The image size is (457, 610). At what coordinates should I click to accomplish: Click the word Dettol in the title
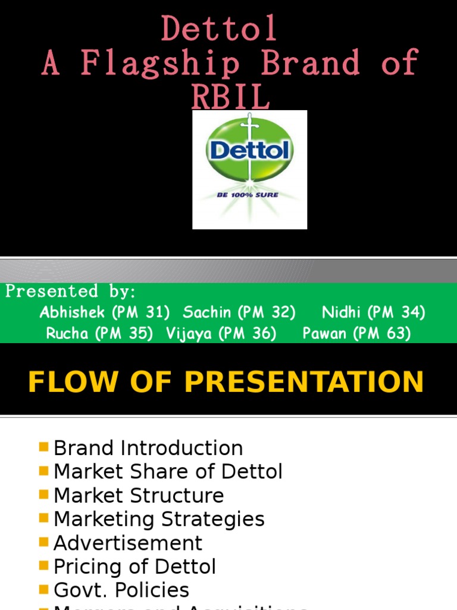[219, 29]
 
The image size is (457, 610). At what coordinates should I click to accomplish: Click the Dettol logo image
[249, 169]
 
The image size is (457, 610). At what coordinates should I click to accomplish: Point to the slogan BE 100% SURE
[249, 195]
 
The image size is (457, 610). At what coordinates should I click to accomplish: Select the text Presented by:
[71, 292]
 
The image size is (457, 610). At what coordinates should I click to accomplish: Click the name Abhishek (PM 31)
[105, 312]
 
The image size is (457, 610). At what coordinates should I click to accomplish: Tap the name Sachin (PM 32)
[239, 312]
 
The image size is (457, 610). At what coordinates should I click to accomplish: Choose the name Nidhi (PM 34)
[373, 312]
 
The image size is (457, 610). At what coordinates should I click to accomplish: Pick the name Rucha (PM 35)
[99, 334]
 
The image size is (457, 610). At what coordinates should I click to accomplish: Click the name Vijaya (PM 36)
[221, 334]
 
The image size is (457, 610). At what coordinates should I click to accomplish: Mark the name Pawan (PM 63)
[356, 334]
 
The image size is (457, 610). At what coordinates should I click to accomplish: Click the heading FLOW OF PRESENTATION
[226, 382]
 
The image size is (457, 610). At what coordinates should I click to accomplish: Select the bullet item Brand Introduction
[148, 448]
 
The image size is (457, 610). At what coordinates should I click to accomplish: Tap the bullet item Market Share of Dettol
[168, 472]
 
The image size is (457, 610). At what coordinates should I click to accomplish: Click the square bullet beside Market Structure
[43, 494]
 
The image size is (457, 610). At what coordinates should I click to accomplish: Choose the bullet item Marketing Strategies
[159, 519]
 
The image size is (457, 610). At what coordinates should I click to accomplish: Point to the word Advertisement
[128, 543]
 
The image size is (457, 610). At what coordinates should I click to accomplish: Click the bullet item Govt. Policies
[121, 590]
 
